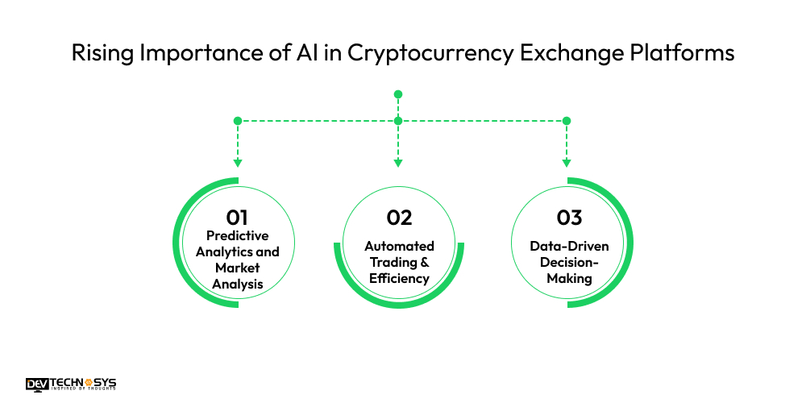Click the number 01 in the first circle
tap(237, 217)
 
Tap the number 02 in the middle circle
tap(399, 218)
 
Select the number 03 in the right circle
tap(569, 218)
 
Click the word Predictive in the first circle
tap(238, 235)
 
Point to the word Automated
tap(399, 246)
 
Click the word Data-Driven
tap(569, 246)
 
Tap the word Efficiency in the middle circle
tap(399, 278)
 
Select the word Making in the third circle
tap(569, 278)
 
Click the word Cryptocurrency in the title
tap(401, 53)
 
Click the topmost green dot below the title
tap(398, 94)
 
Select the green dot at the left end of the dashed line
tap(237, 121)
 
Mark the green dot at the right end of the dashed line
tap(567, 121)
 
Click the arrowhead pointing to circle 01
tap(237, 163)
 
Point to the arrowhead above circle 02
tap(398, 163)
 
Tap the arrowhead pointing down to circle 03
tap(567, 163)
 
